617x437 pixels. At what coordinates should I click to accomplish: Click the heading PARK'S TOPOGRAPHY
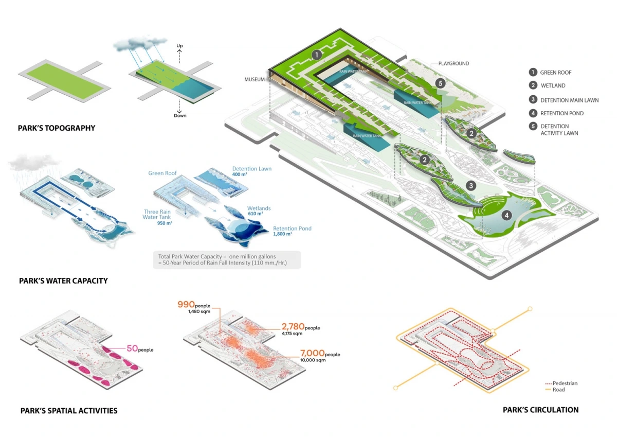(57, 128)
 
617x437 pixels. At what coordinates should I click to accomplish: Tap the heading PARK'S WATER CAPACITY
(63, 281)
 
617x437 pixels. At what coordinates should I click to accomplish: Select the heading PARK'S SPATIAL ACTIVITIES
(69, 411)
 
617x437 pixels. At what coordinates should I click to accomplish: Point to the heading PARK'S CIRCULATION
(540, 410)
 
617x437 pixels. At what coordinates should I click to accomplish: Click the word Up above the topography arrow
(179, 46)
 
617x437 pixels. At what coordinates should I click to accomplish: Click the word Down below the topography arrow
(179, 115)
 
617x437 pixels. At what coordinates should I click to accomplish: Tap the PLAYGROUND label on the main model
(453, 64)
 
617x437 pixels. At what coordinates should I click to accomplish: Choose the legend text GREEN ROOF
(556, 73)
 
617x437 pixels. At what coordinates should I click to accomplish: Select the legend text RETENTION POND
(562, 113)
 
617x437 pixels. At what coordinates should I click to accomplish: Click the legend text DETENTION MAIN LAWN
(569, 100)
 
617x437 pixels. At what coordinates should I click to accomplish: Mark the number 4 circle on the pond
(507, 216)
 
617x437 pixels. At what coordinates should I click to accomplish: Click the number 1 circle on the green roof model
(317, 54)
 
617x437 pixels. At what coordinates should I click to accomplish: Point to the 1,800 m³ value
(283, 234)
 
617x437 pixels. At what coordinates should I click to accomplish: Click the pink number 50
(132, 348)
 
